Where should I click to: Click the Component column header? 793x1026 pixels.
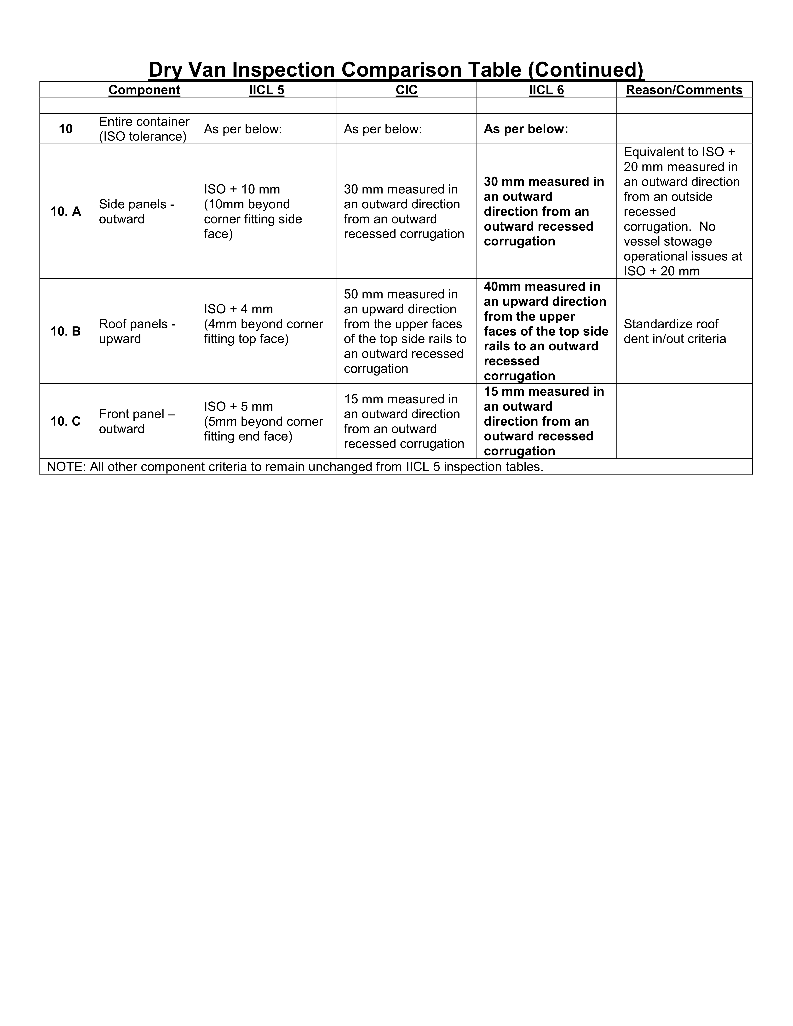tap(144, 90)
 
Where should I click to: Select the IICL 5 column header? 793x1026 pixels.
tap(266, 90)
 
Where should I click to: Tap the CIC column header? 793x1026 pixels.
tap(406, 90)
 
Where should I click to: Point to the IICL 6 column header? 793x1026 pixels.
tap(546, 90)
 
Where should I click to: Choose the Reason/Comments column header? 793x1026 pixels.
tap(684, 90)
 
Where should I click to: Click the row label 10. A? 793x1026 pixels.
tap(66, 211)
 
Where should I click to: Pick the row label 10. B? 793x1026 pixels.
tap(66, 331)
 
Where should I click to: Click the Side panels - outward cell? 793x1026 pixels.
tap(137, 211)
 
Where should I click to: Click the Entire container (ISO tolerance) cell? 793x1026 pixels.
tap(144, 129)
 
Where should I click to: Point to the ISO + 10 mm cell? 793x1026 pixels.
tap(253, 211)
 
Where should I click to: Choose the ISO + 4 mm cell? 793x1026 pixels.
tap(263, 324)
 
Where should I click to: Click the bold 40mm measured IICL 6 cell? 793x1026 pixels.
tap(546, 331)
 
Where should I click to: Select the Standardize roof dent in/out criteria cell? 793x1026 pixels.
tap(675, 331)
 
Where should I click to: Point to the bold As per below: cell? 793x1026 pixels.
tap(526, 129)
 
